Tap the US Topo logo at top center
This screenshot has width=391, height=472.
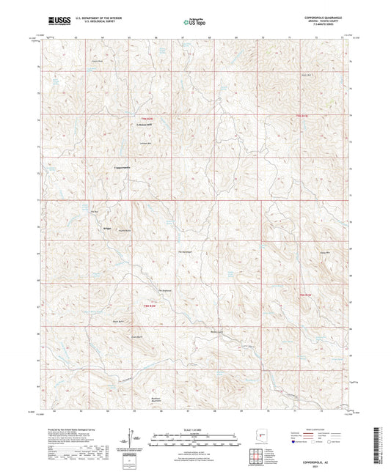194,23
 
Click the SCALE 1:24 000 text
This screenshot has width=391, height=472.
194,429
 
